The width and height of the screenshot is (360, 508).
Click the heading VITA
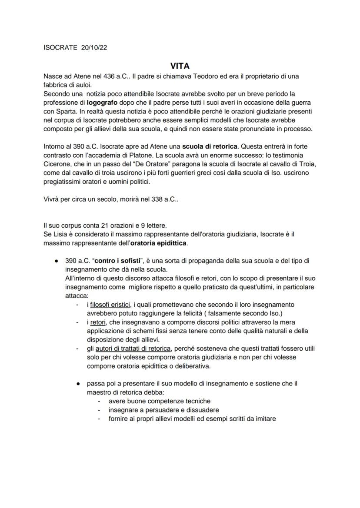(x=180, y=66)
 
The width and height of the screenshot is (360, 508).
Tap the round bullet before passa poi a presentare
(x=77, y=384)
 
